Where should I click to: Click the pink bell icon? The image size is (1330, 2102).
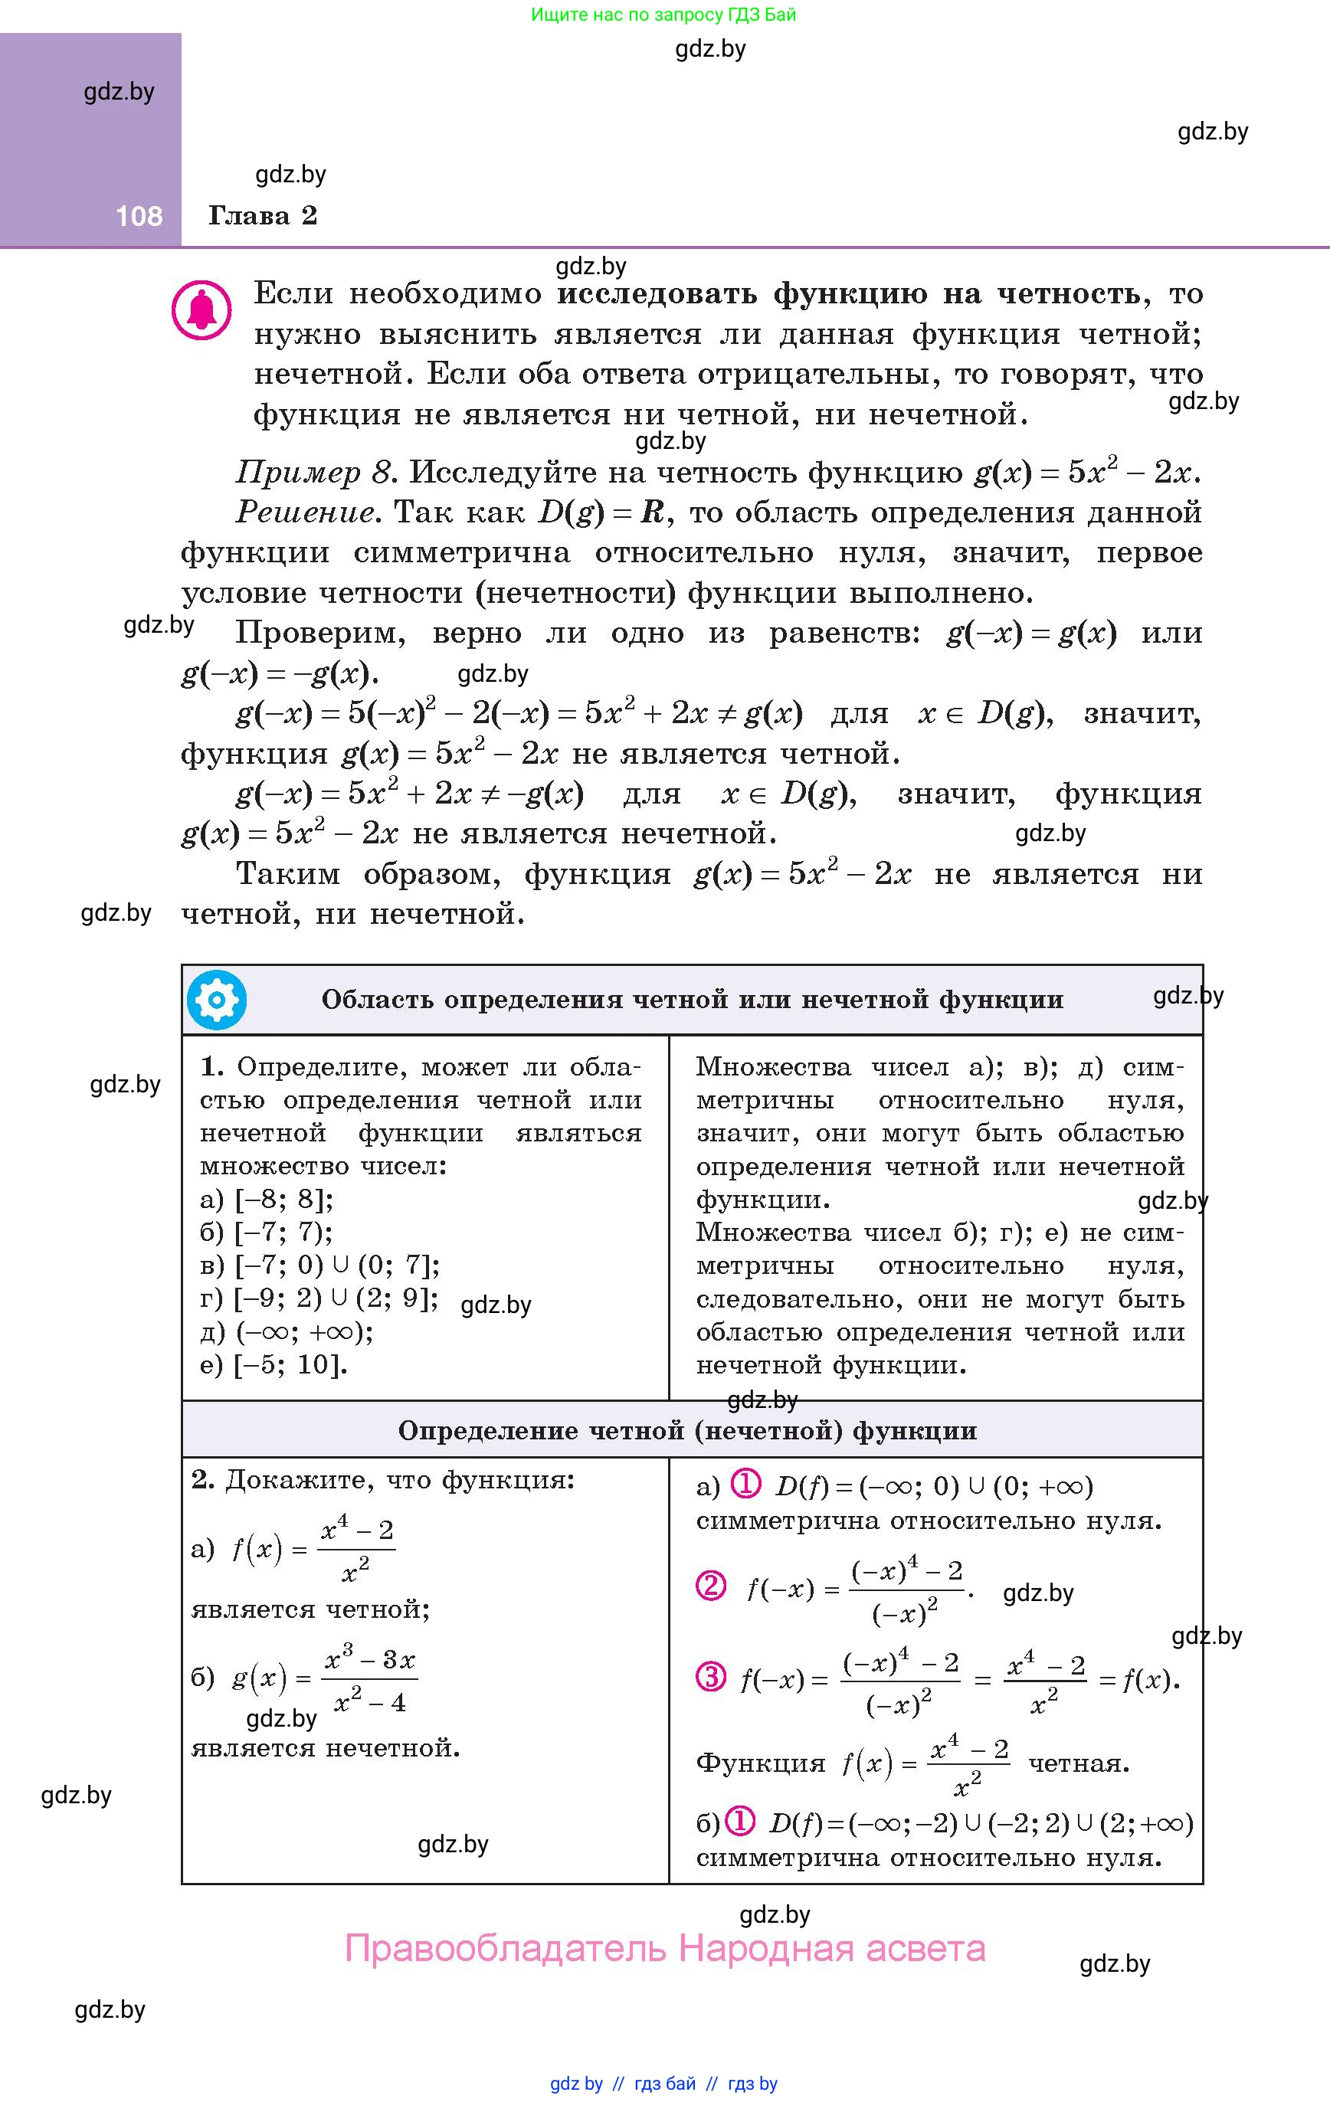coord(201,310)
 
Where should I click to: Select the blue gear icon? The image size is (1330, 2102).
coord(217,1000)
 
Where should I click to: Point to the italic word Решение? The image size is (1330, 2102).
coord(306,512)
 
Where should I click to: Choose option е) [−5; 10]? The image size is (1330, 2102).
coord(274,1364)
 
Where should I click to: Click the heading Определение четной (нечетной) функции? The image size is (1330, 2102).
coord(687,1431)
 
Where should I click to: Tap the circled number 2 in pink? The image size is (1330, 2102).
coord(711,1584)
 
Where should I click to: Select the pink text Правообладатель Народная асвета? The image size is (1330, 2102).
coord(664,1948)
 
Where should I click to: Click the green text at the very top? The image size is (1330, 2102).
coord(663,15)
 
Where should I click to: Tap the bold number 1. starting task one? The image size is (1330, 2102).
coord(212,1067)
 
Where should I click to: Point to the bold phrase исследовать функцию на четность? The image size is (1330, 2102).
coord(848,294)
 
